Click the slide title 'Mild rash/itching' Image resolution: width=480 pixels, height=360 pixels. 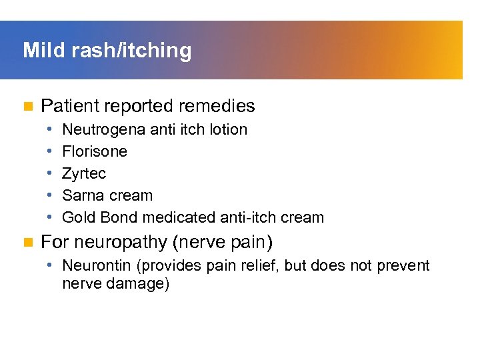[x=107, y=51]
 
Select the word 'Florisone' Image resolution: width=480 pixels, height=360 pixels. [x=94, y=151]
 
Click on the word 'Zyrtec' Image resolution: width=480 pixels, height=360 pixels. [x=83, y=173]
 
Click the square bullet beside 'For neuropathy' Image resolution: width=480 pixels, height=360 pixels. [x=27, y=241]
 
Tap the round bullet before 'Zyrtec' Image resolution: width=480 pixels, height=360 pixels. [x=51, y=173]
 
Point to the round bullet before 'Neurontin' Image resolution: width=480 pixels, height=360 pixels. [x=51, y=265]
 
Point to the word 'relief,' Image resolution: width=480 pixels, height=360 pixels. [x=257, y=265]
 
